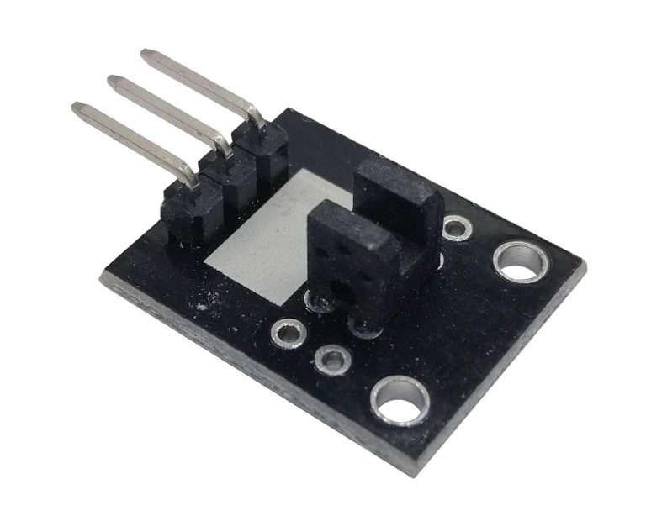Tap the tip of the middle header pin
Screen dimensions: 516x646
(111, 81)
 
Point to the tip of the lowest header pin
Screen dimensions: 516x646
(77, 108)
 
